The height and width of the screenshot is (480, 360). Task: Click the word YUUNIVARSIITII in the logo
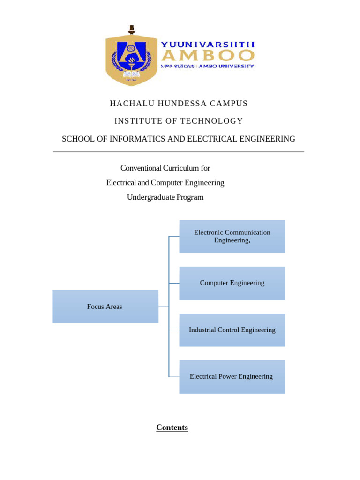pos(208,45)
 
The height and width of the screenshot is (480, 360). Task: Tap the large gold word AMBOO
pos(208,56)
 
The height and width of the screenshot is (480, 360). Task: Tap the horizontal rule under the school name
pos(179,152)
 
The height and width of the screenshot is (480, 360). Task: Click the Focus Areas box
pos(105,307)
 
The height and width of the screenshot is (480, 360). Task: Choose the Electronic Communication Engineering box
pos(232,236)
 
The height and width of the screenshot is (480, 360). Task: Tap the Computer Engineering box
pos(232,283)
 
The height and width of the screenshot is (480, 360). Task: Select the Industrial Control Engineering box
pos(232,330)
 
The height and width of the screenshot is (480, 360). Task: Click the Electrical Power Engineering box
pos(232,376)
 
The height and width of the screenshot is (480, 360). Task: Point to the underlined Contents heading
pos(172,427)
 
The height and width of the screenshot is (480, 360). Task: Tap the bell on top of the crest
pos(132,29)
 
